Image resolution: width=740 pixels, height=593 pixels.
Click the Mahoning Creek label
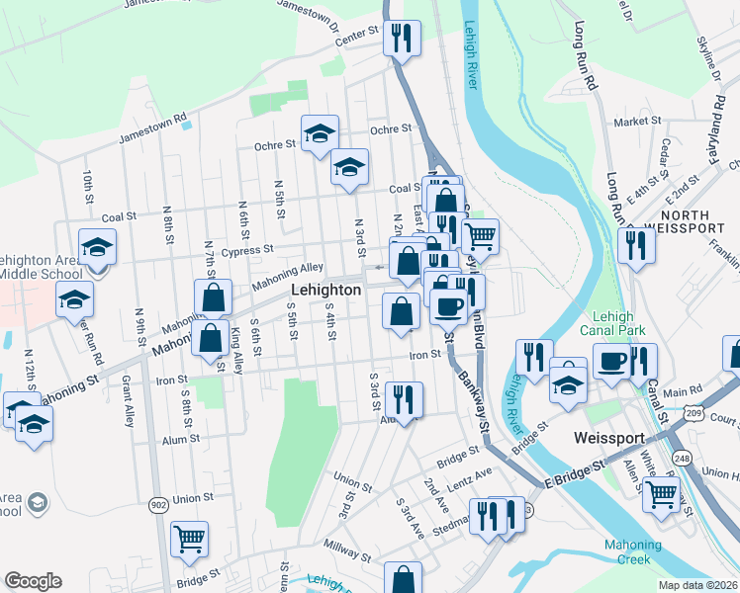[x=631, y=552]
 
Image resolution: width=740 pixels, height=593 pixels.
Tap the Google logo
[x=33, y=581]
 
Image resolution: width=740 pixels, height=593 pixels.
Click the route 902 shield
[x=159, y=504]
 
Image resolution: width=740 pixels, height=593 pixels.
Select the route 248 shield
[x=682, y=458]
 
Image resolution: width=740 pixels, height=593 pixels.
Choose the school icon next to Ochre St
[x=320, y=133]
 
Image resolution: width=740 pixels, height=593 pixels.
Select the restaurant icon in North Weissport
[x=636, y=244]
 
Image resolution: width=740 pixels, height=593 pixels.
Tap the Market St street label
[x=637, y=122]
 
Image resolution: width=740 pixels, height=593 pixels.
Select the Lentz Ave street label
[x=469, y=477]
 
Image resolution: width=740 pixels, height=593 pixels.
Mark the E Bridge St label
[x=574, y=473]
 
